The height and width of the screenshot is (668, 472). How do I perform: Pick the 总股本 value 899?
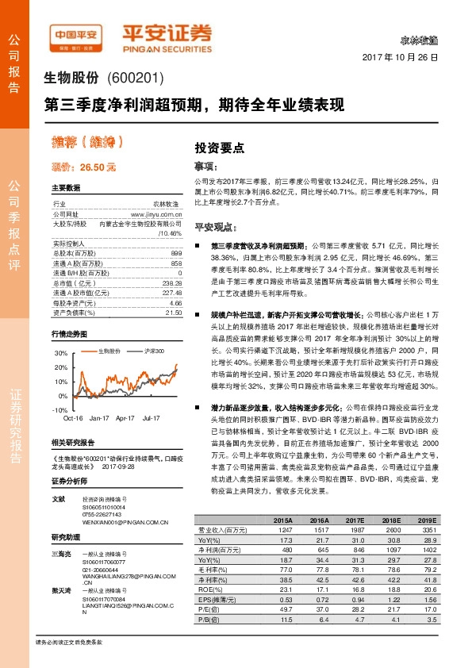pos(176,252)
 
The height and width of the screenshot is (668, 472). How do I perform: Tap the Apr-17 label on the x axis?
pos(125,417)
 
